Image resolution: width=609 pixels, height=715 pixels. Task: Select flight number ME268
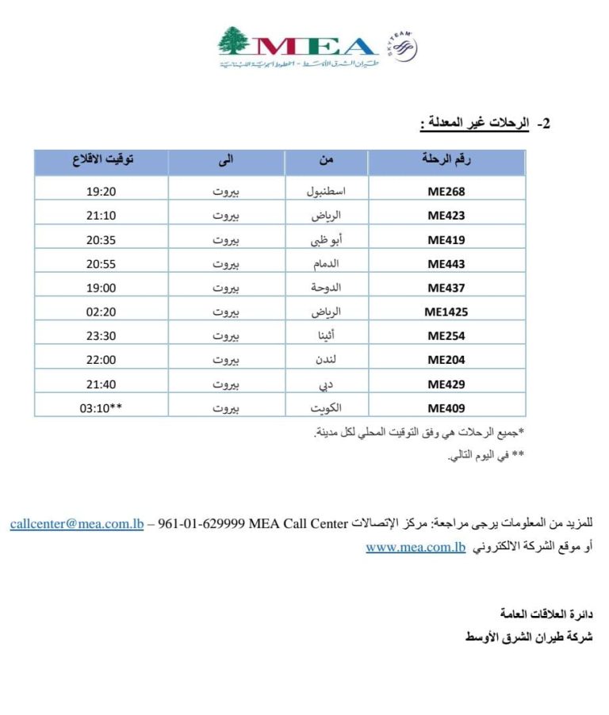(446, 191)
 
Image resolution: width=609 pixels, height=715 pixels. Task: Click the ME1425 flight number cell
(446, 312)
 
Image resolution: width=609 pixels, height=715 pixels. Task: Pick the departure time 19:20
(101, 191)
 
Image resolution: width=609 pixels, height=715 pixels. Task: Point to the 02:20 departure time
(101, 312)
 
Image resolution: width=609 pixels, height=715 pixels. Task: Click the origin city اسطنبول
(326, 191)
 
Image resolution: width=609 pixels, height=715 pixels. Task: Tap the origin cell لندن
(326, 360)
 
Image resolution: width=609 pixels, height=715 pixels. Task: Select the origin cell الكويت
(326, 408)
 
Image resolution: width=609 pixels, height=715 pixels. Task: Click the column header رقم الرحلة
(446, 160)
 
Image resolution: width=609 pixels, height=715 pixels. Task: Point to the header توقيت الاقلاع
(102, 160)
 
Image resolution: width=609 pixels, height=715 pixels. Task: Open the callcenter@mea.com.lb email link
(77, 524)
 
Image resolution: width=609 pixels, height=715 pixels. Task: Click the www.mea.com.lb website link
(416, 547)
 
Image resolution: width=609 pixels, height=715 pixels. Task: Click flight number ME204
(446, 360)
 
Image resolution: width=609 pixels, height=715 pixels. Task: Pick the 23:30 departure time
(101, 336)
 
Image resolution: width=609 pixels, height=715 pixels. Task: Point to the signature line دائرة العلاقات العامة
(546, 614)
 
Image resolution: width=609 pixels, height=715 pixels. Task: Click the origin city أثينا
(326, 336)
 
